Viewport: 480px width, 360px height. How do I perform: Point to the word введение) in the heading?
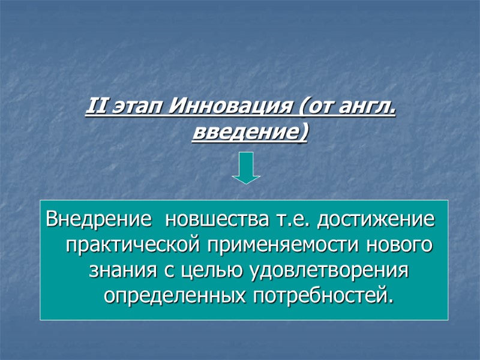click(250, 131)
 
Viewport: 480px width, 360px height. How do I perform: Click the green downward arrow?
click(246, 168)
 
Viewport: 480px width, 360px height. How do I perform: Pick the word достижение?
click(375, 220)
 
